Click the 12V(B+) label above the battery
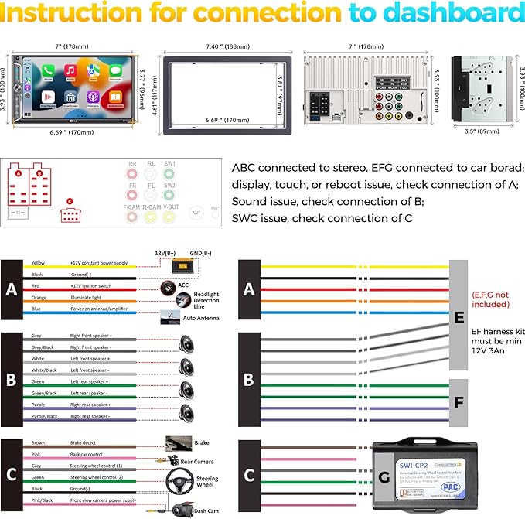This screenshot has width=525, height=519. tap(165, 254)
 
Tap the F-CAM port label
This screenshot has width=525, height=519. tap(133, 207)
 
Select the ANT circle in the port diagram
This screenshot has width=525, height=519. tap(196, 210)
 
